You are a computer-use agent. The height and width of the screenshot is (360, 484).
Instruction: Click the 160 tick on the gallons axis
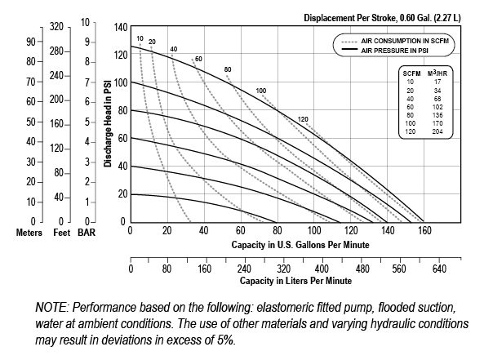coord(424,231)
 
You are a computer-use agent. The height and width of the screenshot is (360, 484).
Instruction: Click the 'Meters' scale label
coord(17,233)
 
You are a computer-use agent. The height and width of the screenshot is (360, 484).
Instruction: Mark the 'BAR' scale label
coord(86,233)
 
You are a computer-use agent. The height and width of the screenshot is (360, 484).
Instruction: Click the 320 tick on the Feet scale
coord(56,27)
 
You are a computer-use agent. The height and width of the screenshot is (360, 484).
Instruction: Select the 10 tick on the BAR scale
coord(86,22)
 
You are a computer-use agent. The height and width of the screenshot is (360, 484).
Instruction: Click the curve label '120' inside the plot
coord(304,119)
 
